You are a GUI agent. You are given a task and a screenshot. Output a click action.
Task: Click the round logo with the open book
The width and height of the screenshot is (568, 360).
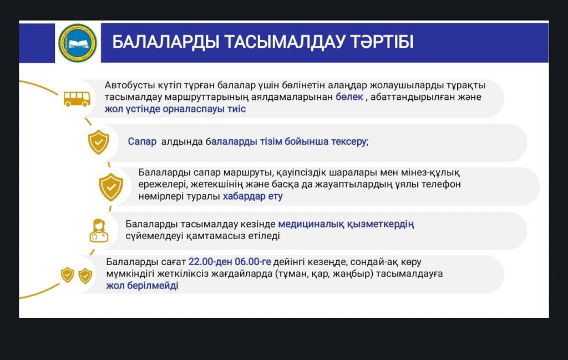pyautogui.click(x=78, y=43)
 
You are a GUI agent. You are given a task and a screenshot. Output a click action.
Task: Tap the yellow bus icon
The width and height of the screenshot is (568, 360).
pyautogui.click(x=77, y=99)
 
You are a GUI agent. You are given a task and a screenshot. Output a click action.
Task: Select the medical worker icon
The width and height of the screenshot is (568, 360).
pyautogui.click(x=99, y=230)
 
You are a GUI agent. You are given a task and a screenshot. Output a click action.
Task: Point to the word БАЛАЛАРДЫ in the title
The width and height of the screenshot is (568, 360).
pyautogui.click(x=165, y=42)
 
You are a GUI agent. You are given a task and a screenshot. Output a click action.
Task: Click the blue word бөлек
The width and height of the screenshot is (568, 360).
pyautogui.click(x=349, y=97)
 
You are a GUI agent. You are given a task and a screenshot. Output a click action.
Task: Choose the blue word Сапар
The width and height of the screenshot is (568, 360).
pyautogui.click(x=142, y=141)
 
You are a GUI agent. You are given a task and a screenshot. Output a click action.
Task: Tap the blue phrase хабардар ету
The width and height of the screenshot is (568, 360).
pyautogui.click(x=252, y=196)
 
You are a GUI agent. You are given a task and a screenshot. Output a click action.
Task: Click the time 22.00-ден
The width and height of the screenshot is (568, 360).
pyautogui.click(x=210, y=261)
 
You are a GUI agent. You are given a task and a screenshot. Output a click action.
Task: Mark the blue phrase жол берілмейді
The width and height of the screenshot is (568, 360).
pyautogui.click(x=142, y=285)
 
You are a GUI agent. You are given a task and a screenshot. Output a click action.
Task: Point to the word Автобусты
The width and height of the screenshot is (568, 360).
pyautogui.click(x=130, y=85)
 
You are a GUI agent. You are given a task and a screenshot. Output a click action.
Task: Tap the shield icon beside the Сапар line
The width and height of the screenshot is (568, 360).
pyautogui.click(x=99, y=143)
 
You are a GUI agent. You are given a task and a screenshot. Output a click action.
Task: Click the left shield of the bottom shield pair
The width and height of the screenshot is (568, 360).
pyautogui.click(x=67, y=275)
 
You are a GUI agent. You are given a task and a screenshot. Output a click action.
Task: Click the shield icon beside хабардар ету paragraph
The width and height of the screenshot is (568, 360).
pyautogui.click(x=111, y=187)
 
